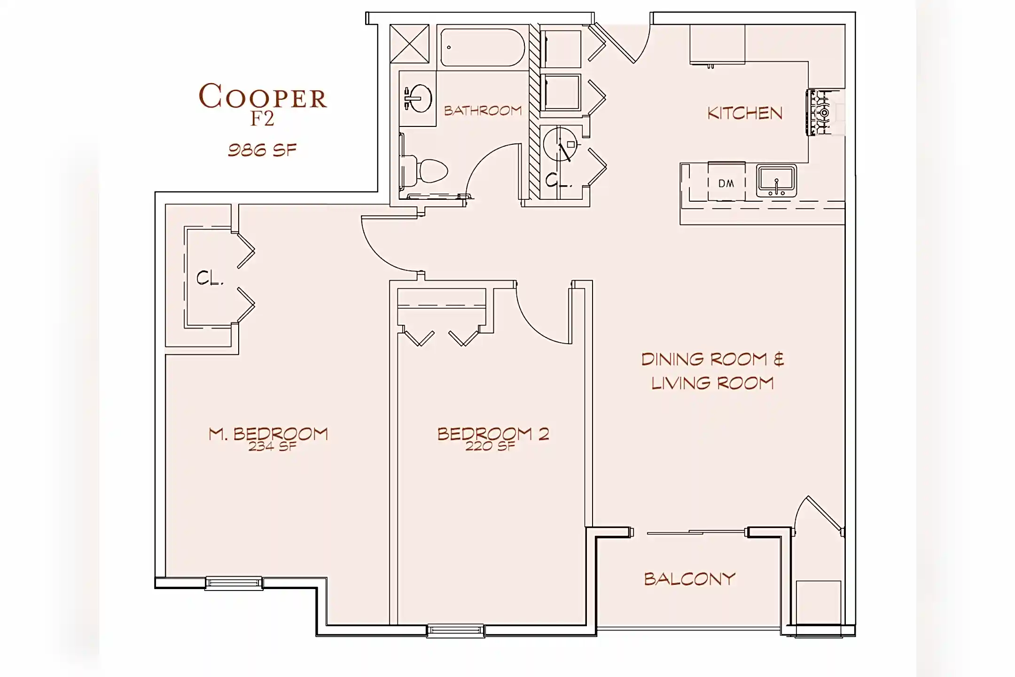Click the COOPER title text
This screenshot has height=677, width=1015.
tap(262, 97)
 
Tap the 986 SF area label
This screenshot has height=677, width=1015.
tap(262, 150)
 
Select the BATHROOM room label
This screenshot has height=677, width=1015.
tap(483, 111)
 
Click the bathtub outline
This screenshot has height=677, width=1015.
tap(482, 47)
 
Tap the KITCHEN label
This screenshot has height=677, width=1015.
tap(745, 113)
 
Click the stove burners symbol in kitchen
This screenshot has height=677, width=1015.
tap(820, 113)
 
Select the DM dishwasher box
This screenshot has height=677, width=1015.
tap(726, 183)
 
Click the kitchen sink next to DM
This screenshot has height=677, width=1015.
tap(776, 181)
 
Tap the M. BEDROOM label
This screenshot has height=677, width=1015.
tap(268, 433)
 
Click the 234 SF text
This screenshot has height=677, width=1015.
tap(273, 447)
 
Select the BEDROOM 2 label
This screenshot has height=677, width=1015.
tap(493, 433)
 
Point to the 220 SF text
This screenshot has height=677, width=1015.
tap(490, 447)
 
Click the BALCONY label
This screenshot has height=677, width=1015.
tap(689, 579)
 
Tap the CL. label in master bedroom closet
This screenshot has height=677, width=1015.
tap(210, 278)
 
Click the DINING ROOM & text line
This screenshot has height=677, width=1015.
tap(712, 360)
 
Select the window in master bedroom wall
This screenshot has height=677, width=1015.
tap(234, 583)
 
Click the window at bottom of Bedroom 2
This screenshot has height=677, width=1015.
tap(455, 630)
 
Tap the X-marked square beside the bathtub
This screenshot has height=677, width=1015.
tap(409, 43)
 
